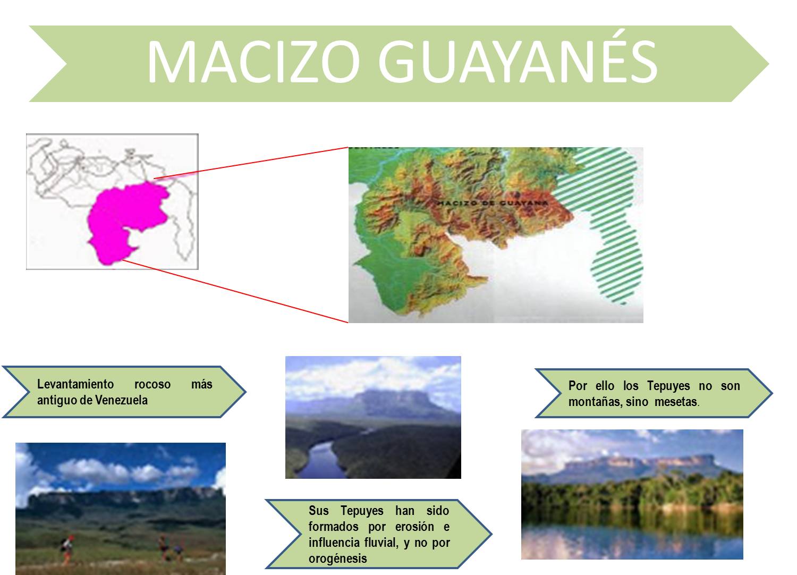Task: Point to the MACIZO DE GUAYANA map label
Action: pyautogui.click(x=492, y=203)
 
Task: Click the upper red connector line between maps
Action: pyautogui.click(x=251, y=163)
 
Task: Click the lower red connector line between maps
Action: pyautogui.click(x=235, y=291)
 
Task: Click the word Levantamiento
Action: pyautogui.click(x=75, y=385)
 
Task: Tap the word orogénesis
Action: pyautogui.click(x=337, y=559)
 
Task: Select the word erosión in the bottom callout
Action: pyautogui.click(x=414, y=527)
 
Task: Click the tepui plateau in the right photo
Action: pyautogui.click(x=637, y=462)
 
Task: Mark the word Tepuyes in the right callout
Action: pyautogui.click(x=668, y=386)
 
